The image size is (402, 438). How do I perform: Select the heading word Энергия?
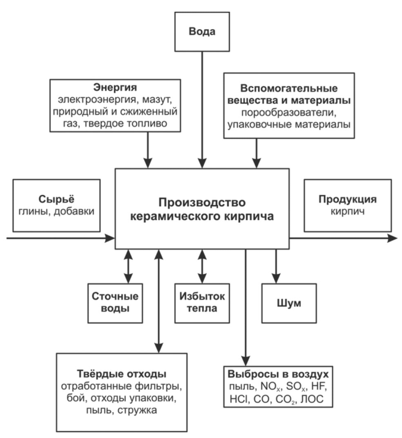115,87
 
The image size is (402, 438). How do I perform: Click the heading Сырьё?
56,199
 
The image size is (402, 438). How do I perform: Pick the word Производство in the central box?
202,203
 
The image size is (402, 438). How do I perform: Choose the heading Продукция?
348,199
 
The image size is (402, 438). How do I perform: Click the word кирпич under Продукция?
348,212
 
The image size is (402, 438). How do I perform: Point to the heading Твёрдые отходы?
121,374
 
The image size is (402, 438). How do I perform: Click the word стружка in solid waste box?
137,410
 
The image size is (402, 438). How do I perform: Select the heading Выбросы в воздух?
278,374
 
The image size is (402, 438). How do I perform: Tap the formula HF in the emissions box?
318,387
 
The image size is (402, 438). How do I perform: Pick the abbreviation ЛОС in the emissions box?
312,399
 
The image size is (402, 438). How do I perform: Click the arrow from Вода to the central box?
202,110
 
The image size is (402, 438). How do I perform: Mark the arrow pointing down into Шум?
276,266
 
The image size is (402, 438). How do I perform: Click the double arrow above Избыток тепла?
202,266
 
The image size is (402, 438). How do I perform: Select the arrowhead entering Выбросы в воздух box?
246,361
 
